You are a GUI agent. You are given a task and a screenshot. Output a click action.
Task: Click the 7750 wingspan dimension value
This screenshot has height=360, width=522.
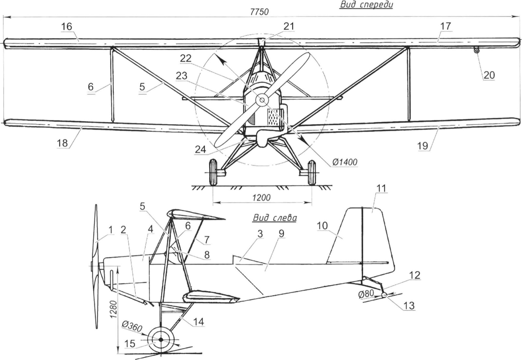click(x=259, y=12)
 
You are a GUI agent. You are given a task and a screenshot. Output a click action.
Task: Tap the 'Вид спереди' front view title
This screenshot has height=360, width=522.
click(x=366, y=5)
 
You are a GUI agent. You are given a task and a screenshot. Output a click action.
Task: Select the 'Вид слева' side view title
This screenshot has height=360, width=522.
click(x=275, y=218)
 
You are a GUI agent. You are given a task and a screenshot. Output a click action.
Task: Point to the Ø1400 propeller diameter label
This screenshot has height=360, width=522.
click(x=345, y=162)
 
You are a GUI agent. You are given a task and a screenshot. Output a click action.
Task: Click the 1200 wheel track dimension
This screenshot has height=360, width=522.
click(x=262, y=198)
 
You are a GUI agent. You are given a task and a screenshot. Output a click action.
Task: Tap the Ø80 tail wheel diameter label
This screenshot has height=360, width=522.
click(x=366, y=294)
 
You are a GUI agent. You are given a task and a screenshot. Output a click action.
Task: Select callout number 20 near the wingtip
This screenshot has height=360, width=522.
click(x=489, y=75)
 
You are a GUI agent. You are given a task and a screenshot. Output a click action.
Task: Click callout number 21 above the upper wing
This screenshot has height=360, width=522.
click(x=289, y=26)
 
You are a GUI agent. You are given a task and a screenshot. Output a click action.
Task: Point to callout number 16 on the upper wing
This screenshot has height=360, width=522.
click(x=67, y=26)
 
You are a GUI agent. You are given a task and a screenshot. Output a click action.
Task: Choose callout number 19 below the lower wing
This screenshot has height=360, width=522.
click(x=422, y=145)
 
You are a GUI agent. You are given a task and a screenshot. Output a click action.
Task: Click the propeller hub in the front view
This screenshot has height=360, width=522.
click(x=261, y=100)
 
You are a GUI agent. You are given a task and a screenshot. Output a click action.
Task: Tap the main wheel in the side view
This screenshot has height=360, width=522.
click(x=161, y=339)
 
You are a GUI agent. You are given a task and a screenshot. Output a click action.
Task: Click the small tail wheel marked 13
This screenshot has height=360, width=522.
click(x=384, y=295)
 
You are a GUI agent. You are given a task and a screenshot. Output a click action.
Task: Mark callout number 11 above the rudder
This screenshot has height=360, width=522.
click(x=381, y=188)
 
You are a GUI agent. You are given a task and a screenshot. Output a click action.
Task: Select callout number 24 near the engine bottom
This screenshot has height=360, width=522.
click(x=201, y=149)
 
